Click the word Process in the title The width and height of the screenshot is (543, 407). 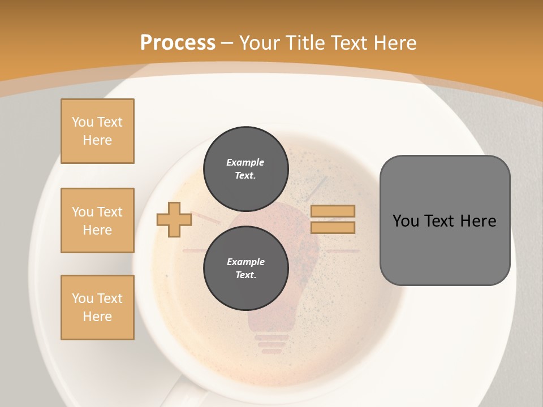pos(178,43)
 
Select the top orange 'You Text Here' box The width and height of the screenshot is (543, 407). pos(97,131)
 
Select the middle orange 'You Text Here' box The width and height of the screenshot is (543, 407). pos(97,220)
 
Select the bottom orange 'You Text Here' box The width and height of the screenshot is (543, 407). pos(97,308)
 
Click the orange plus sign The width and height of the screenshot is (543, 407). pos(174,219)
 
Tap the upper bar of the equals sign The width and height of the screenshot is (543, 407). pos(333,211)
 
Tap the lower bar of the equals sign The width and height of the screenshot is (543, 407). pos(333,228)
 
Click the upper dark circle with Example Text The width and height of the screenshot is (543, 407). pos(245,168)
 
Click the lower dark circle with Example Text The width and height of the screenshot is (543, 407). pos(245,268)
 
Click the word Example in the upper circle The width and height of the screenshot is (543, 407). pos(245,162)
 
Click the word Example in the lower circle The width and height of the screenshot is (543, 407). pos(245,262)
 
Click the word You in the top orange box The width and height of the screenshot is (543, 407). pos(83,122)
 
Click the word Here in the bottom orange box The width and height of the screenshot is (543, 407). pos(97,317)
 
